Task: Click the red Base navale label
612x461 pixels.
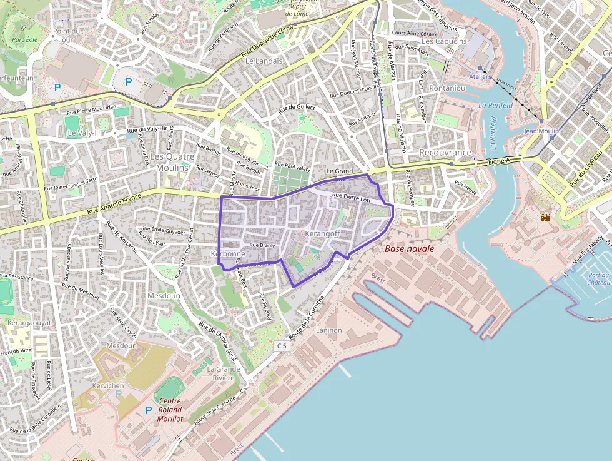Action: point(410,249)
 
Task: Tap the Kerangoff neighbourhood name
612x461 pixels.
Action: point(322,233)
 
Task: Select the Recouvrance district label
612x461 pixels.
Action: point(445,153)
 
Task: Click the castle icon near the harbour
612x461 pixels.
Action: point(545,217)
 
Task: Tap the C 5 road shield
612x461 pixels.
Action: point(282,345)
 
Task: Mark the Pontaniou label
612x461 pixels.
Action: point(447,88)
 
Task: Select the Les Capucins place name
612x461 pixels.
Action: point(444,41)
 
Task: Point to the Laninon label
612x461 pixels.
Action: point(329,330)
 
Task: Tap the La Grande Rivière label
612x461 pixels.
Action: point(224,373)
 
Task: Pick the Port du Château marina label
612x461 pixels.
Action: point(598,279)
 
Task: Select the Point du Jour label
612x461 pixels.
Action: point(67,34)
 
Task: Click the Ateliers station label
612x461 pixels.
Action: point(480,76)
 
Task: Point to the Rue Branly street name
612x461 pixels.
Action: point(262,246)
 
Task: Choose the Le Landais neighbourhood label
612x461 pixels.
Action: point(264,61)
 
